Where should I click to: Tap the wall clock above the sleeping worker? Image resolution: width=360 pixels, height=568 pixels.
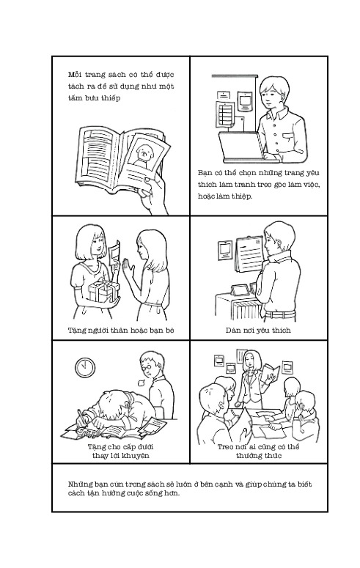coord(85,367)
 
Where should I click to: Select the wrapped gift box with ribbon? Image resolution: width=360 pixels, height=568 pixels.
coord(103,290)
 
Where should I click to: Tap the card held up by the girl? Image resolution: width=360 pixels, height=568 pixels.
coord(114,251)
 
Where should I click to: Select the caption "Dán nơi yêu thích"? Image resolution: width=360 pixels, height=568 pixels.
coord(258,330)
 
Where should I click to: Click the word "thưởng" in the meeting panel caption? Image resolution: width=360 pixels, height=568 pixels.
coord(249,455)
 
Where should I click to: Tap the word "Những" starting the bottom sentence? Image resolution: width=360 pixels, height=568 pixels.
coord(78,484)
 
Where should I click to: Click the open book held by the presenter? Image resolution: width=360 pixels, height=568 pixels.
coord(271,372)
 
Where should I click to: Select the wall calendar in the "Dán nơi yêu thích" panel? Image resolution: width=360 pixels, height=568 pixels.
coord(249,254)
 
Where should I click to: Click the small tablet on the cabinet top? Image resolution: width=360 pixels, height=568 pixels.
coord(240,289)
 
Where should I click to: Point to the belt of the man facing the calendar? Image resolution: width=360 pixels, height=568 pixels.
coord(279,314)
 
